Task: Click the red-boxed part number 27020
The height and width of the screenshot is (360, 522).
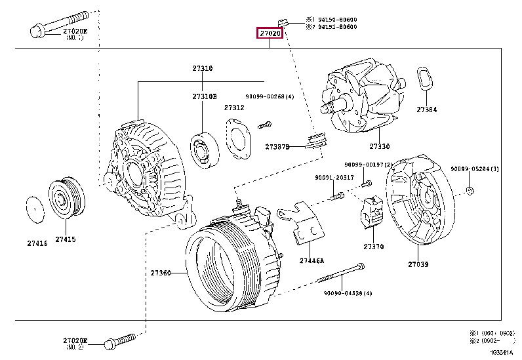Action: click(x=270, y=33)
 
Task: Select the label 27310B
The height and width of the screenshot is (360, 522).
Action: click(x=204, y=96)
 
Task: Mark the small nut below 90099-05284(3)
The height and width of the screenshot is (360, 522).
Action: click(x=470, y=190)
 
